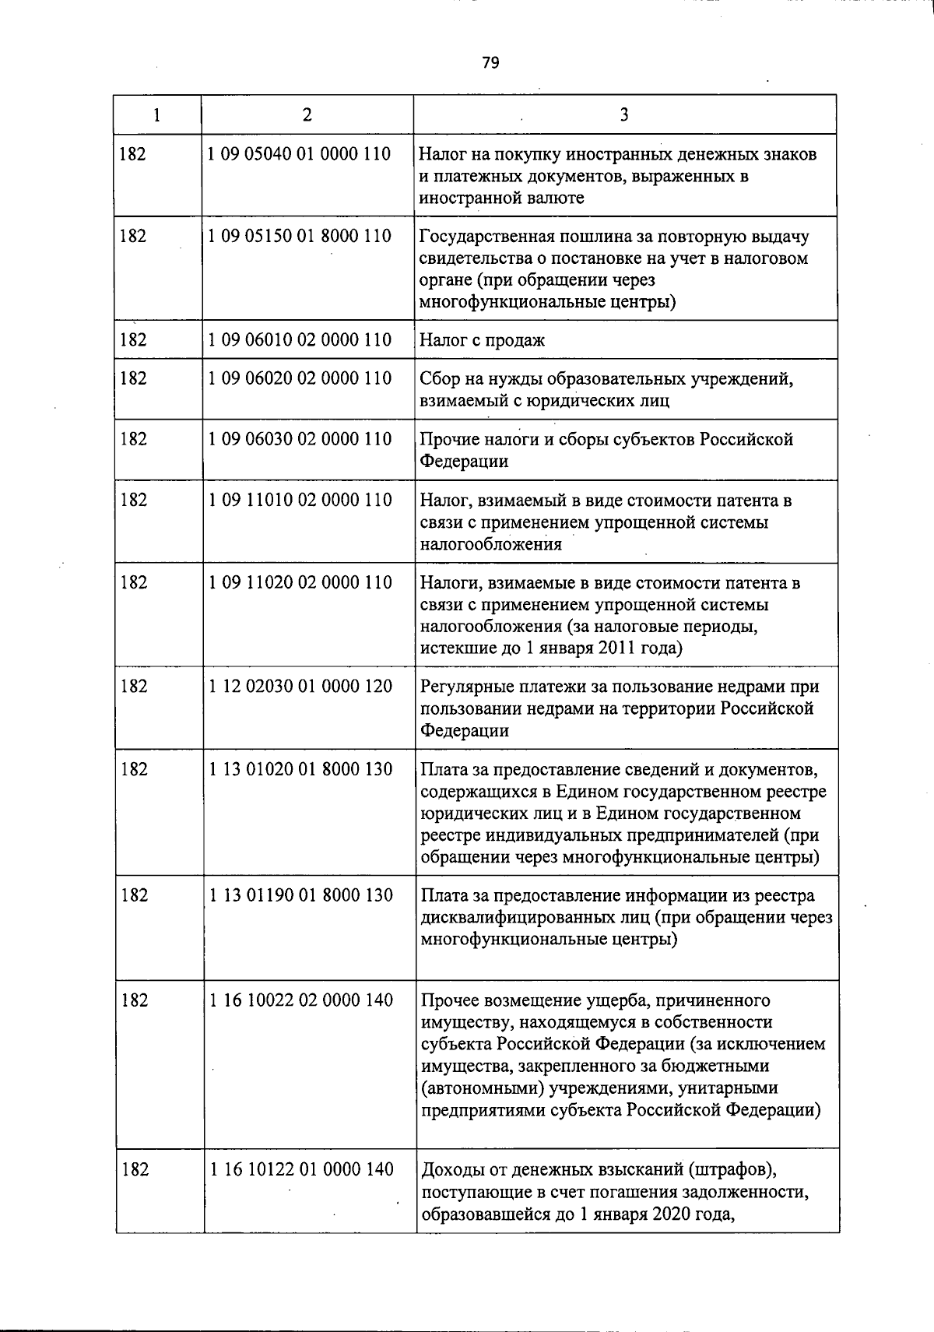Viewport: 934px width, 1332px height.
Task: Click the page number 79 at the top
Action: tap(490, 63)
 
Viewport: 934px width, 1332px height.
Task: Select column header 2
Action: tap(307, 115)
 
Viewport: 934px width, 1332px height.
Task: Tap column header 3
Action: tap(624, 115)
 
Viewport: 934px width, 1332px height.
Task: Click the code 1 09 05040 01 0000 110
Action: tap(300, 154)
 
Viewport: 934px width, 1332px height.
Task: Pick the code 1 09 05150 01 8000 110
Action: tap(300, 236)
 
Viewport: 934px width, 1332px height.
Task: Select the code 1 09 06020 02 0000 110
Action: tap(300, 378)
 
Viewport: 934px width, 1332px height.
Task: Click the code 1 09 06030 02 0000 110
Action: tap(300, 439)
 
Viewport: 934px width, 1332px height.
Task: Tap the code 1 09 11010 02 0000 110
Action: tap(300, 500)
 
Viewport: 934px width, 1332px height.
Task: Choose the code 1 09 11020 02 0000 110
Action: tap(300, 582)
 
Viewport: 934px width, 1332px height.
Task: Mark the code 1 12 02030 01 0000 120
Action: tap(300, 687)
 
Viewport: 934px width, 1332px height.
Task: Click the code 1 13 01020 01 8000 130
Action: tap(300, 769)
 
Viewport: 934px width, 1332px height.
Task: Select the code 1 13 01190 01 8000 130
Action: tap(300, 895)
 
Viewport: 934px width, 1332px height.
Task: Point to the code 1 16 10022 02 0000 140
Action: tap(300, 1000)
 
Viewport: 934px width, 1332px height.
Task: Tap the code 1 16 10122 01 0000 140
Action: tap(300, 1169)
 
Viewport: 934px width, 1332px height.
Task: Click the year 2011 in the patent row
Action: tap(616, 648)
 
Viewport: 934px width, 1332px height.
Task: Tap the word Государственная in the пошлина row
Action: tap(480, 237)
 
